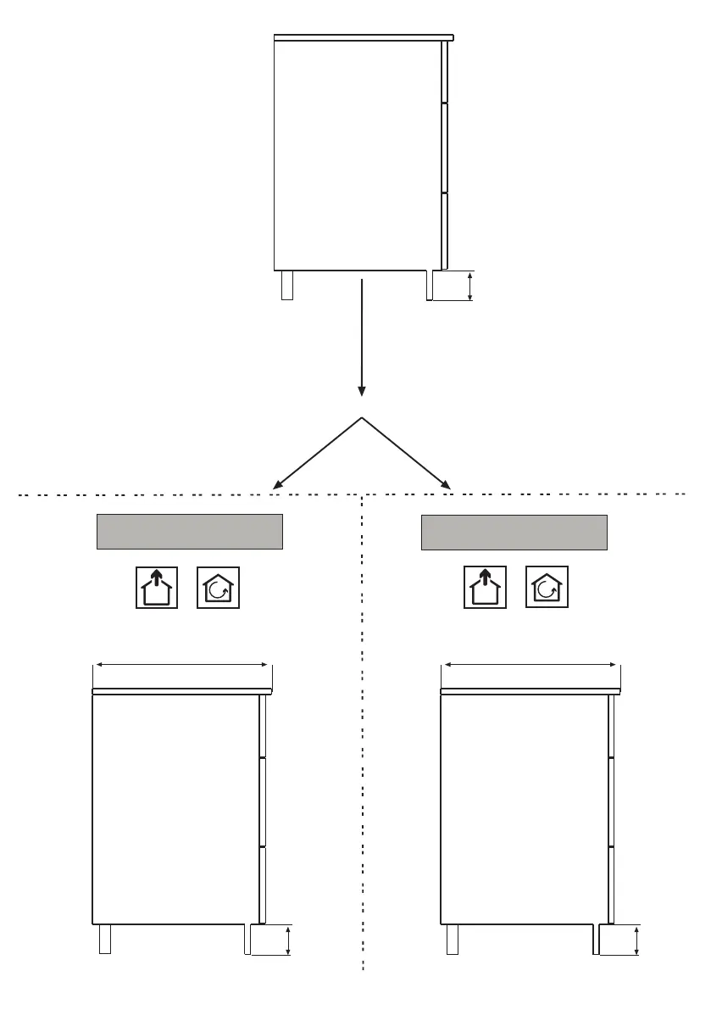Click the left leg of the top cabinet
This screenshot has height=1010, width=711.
click(287, 285)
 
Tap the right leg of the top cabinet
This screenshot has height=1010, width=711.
click(430, 286)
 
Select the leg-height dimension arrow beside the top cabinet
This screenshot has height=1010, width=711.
click(469, 286)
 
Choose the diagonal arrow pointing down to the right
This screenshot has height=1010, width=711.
click(407, 453)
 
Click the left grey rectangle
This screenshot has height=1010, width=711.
click(188, 531)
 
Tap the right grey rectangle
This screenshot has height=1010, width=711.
click(514, 531)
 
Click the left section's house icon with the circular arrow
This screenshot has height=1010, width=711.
click(218, 587)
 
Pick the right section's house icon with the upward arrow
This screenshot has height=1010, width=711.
click(485, 587)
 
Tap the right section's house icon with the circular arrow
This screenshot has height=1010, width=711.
click(547, 587)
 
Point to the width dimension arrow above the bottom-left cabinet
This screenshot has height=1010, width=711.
click(181, 665)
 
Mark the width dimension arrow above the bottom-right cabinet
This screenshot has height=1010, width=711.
click(530, 665)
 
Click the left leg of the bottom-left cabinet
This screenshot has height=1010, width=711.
click(105, 939)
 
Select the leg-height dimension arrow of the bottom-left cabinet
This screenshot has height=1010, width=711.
click(289, 941)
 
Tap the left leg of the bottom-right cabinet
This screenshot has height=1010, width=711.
click(453, 939)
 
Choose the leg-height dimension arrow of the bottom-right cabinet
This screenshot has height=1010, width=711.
click(636, 940)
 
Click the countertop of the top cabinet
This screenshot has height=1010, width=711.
click(364, 37)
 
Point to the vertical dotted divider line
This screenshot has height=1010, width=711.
click(363, 729)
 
